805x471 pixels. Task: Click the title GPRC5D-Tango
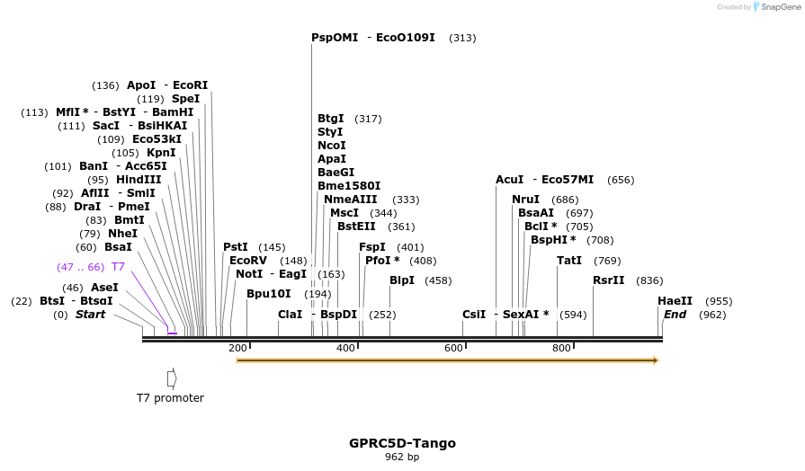[402, 443]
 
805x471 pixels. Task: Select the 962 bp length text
[402, 458]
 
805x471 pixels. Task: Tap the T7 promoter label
[170, 397]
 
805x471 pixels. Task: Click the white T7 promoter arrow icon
[172, 378]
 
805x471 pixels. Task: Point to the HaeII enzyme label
[675, 301]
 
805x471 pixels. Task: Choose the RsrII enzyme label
[608, 280]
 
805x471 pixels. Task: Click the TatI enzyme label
[569, 261]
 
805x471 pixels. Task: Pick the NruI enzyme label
[525, 200]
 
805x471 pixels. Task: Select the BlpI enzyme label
[402, 280]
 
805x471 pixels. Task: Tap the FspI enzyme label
[371, 247]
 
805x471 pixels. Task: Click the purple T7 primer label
[118, 267]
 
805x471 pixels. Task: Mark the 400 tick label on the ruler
[345, 348]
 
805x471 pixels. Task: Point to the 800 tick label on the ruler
[561, 348]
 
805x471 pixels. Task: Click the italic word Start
[90, 315]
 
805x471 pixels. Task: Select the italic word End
[675, 315]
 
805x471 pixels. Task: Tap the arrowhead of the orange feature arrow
[656, 360]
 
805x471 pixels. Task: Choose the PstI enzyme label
[236, 247]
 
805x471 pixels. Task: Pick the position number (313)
[462, 38]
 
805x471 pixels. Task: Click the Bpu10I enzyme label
[269, 294]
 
